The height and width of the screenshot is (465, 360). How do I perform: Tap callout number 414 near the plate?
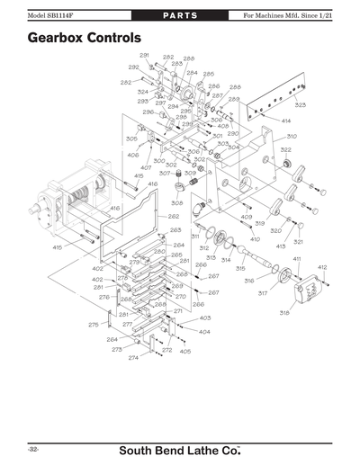(x=285, y=121)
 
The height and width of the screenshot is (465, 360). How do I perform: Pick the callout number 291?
(x=144, y=56)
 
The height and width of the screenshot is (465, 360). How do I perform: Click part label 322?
(x=285, y=149)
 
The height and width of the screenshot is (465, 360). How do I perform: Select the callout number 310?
(x=292, y=136)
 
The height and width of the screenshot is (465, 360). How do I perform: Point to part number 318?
(x=283, y=312)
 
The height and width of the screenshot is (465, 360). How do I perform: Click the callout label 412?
(x=321, y=267)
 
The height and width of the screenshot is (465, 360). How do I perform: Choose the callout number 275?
(x=93, y=325)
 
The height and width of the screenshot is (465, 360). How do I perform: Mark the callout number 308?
(x=176, y=203)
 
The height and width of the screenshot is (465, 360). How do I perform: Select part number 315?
(x=240, y=268)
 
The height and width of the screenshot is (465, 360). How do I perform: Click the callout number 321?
(x=298, y=242)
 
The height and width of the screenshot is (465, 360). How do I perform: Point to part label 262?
(x=174, y=216)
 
